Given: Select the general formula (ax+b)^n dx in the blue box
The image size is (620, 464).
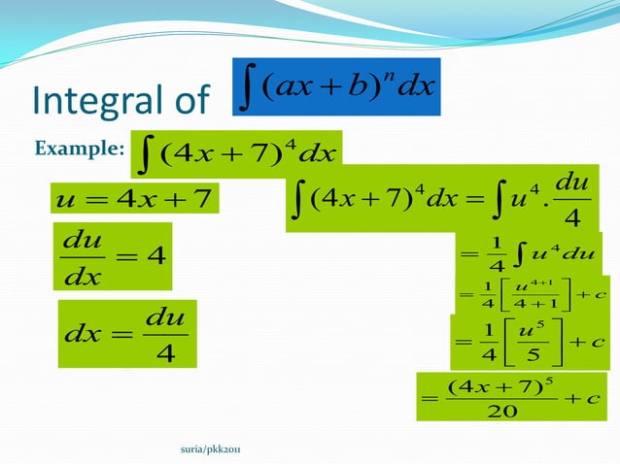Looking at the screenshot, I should tap(336, 88).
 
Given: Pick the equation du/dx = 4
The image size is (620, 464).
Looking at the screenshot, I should tap(115, 256).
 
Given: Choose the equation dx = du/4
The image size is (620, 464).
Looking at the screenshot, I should tap(127, 333).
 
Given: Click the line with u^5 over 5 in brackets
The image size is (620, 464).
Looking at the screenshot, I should tap(529, 342).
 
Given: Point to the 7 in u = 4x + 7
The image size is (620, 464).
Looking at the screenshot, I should tap(202, 200).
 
